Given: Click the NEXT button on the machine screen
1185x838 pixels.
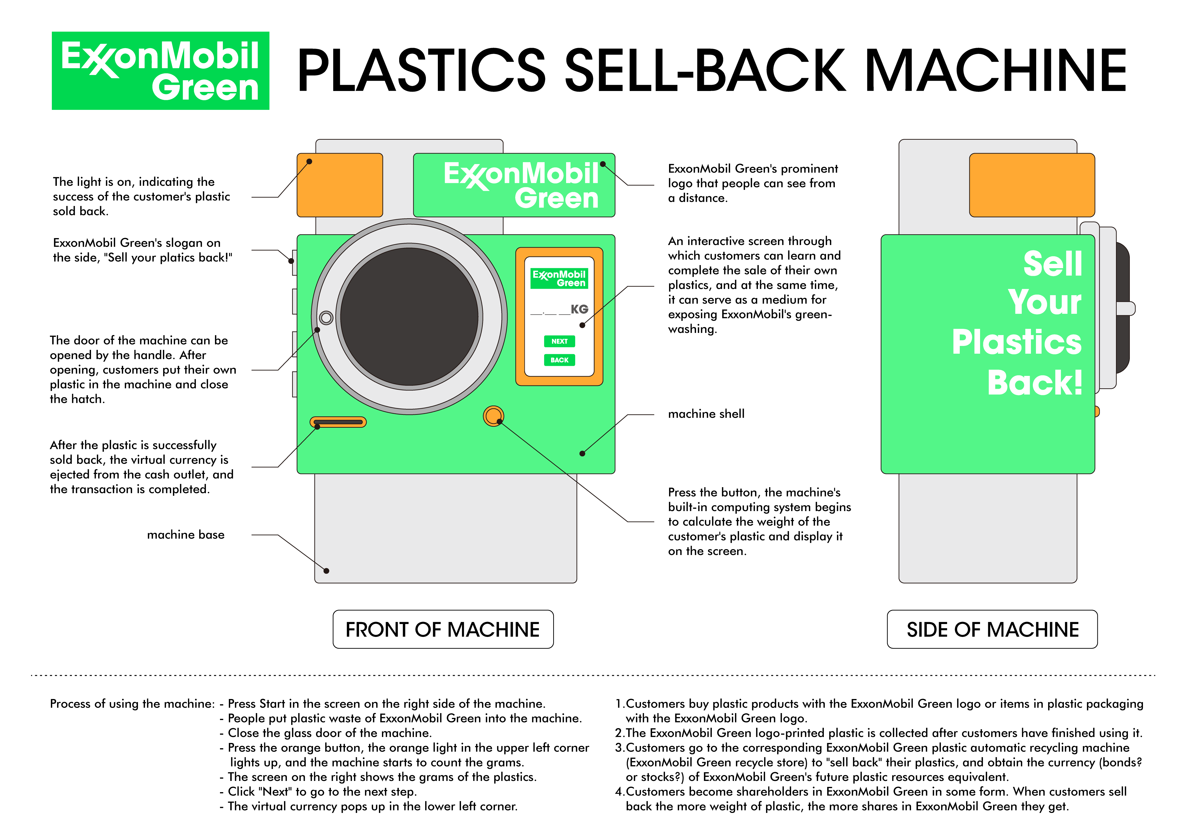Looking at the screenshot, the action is pyautogui.click(x=559, y=341).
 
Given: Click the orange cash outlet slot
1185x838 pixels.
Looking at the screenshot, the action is pyautogui.click(x=338, y=422).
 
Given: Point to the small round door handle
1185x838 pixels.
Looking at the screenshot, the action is pyautogui.click(x=326, y=317).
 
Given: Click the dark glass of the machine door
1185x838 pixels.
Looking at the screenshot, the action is pyautogui.click(x=409, y=316).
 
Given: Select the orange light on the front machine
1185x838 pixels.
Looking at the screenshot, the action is pyautogui.click(x=340, y=185).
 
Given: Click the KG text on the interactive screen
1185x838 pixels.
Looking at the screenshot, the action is pyautogui.click(x=579, y=309).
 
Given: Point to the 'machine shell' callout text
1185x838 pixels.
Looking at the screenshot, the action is pyautogui.click(x=706, y=414).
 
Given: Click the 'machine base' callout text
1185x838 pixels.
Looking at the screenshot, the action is pyautogui.click(x=186, y=534).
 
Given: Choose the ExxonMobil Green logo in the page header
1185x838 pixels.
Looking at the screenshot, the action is pyautogui.click(x=161, y=71).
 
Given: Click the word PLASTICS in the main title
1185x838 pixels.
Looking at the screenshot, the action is pyautogui.click(x=421, y=71).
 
